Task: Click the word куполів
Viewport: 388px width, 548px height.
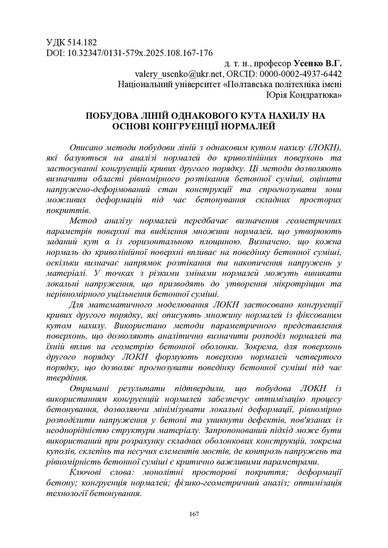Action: pos(63,442)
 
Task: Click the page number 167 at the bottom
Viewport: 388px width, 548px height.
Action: pos(194,514)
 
